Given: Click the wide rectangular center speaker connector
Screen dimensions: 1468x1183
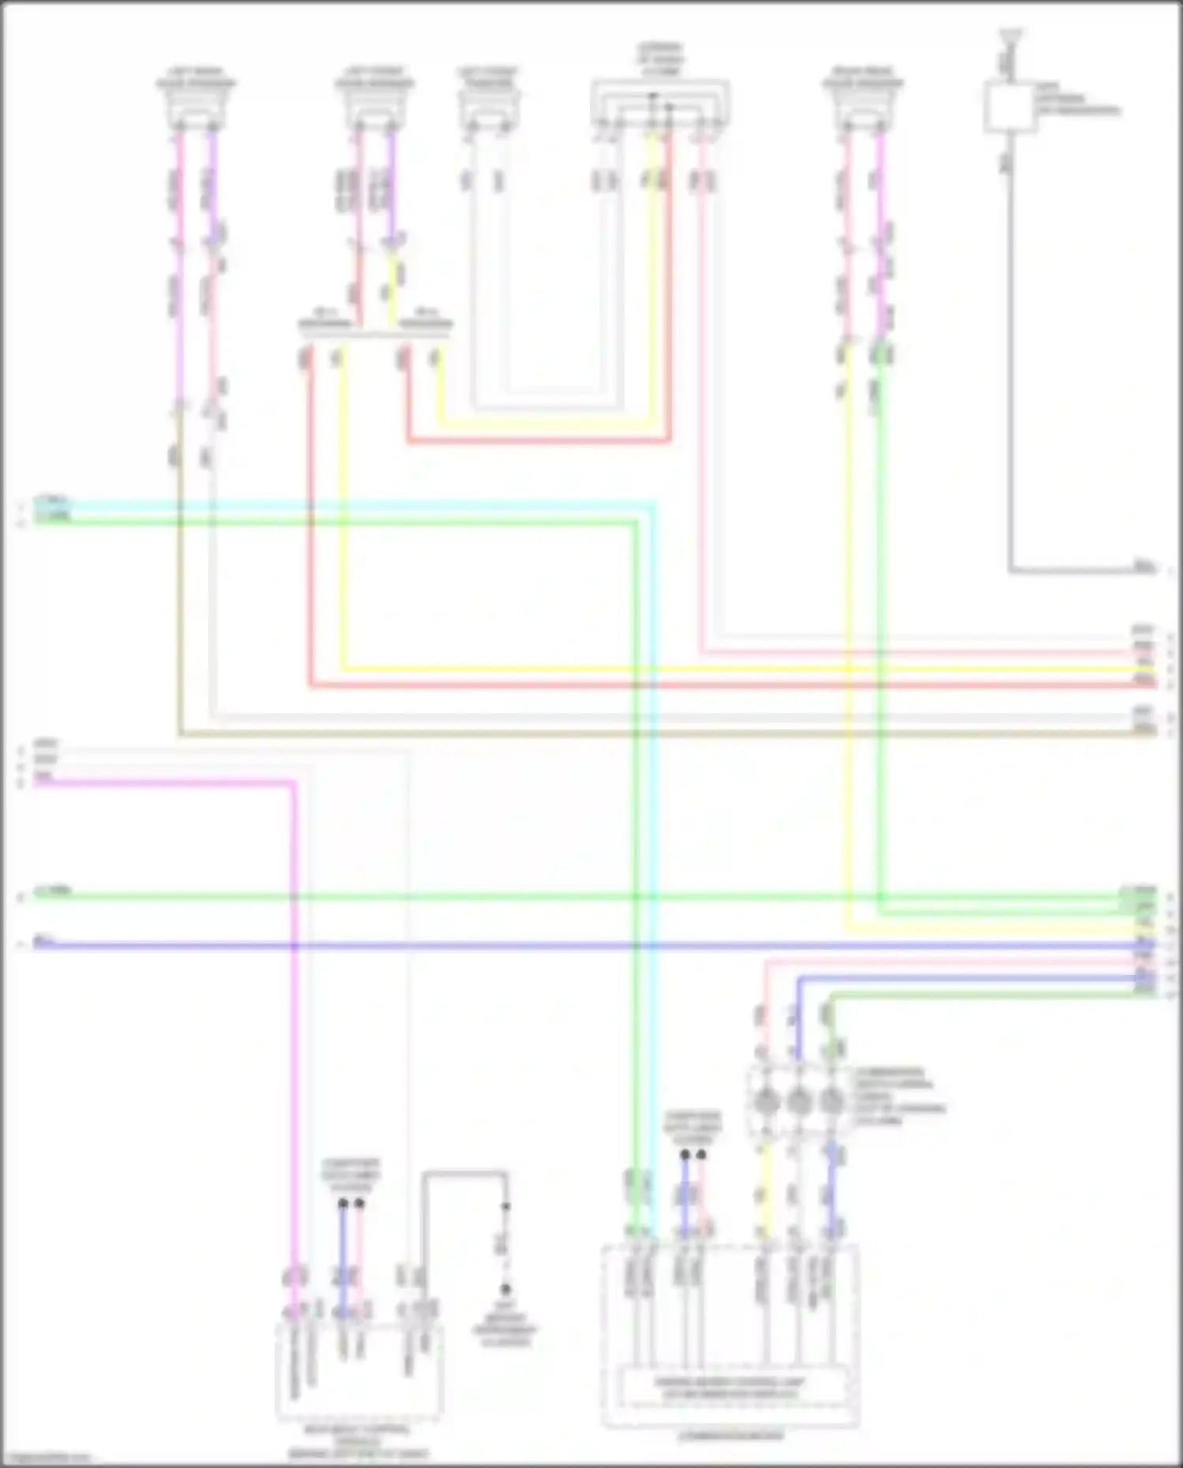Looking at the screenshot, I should point(659,103).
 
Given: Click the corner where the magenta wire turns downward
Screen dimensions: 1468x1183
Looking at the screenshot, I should point(294,783).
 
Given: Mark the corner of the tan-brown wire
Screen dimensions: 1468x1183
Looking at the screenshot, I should point(181,734).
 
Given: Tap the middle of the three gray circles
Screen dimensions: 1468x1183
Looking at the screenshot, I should point(798,1100).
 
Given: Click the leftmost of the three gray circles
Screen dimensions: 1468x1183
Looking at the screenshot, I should point(765,1100).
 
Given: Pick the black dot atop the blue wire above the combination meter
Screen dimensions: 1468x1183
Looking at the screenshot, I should point(685,1154).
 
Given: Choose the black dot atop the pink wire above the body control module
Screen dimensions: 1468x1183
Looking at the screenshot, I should point(360,1204).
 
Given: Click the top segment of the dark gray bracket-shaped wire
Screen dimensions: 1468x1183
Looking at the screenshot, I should point(465,1174).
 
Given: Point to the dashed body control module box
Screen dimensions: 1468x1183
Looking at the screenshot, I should point(359,1371).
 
